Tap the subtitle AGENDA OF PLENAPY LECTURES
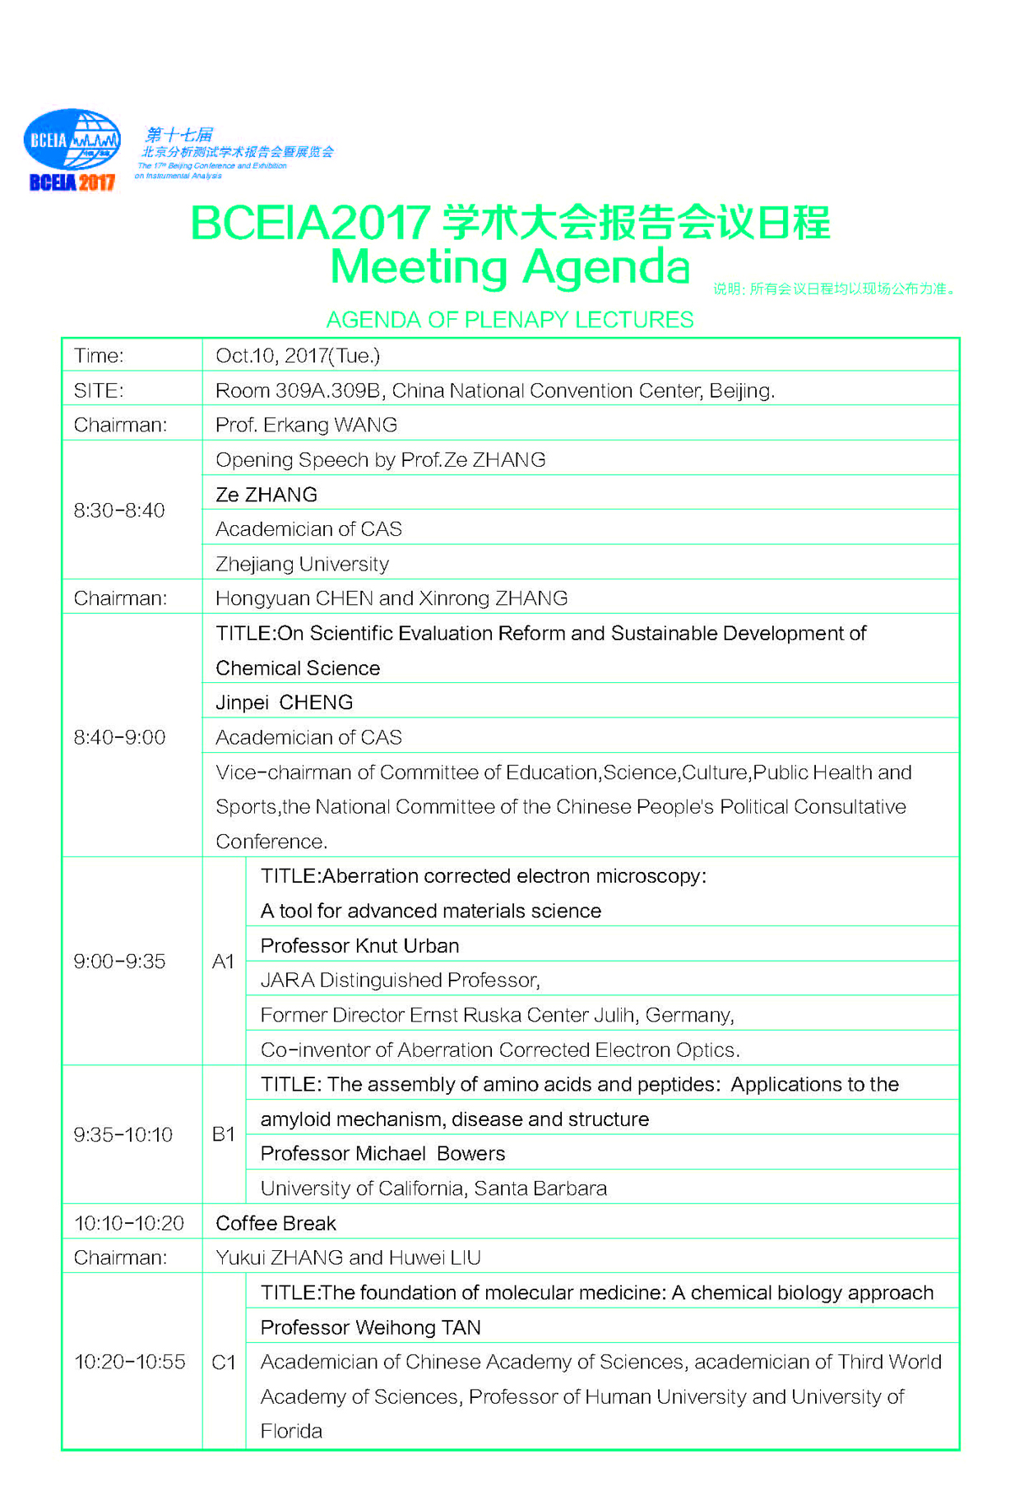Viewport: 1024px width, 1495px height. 509,320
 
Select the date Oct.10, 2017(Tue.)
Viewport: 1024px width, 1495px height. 298,356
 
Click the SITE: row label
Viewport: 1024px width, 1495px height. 99,390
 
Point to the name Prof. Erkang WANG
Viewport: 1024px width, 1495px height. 306,425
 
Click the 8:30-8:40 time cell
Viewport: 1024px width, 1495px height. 119,510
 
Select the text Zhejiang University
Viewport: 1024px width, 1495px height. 302,564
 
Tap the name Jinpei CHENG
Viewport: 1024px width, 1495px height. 284,703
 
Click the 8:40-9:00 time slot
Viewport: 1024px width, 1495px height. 119,737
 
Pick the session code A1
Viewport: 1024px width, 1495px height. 224,962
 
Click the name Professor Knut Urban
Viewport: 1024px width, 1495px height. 359,946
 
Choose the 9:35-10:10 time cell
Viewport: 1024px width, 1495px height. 123,1135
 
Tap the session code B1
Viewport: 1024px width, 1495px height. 224,1135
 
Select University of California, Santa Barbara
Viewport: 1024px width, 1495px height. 433,1188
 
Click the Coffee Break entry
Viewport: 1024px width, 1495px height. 276,1224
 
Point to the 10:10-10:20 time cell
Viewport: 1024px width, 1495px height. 129,1224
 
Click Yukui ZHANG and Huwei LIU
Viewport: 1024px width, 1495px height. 348,1258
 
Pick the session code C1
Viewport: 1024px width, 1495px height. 224,1363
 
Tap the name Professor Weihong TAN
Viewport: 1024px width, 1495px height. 370,1328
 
